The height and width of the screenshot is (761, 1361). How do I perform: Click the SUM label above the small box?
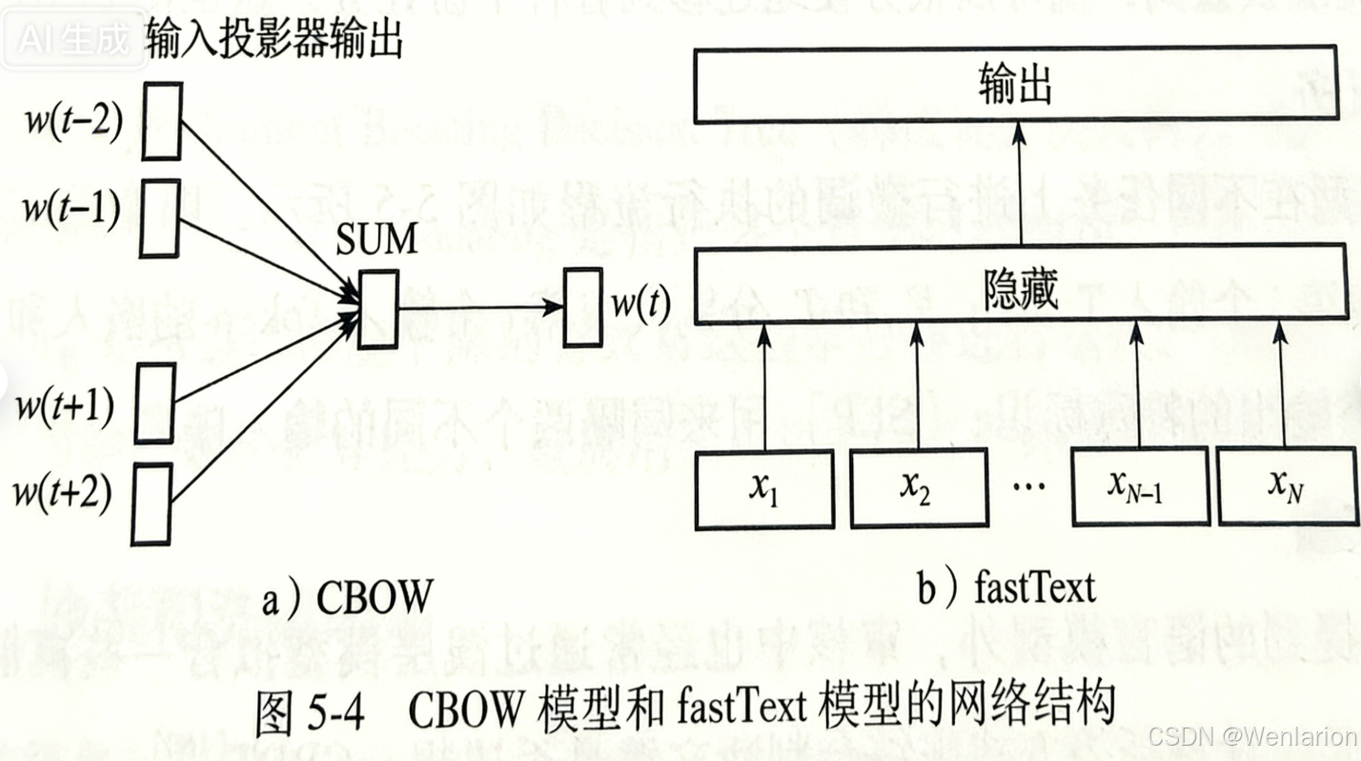pos(377,240)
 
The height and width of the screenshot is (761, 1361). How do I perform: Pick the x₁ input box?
pos(764,488)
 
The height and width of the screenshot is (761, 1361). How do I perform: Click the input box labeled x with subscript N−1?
pos(1140,488)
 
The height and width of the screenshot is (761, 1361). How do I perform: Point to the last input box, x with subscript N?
pos(1284,488)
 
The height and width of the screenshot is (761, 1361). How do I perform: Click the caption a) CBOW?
pos(347,598)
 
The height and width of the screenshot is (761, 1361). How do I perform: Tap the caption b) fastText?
pos(1006,587)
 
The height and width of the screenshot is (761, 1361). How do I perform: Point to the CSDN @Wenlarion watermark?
pos(1252,736)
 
